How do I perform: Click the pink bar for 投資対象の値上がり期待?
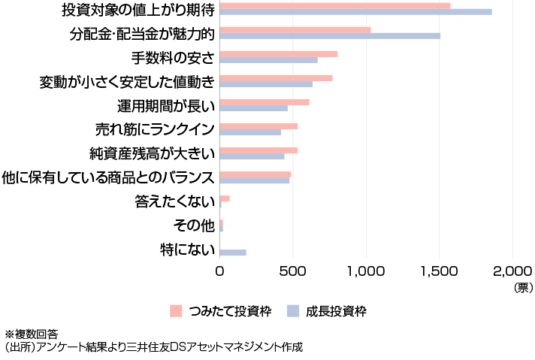(x=334, y=6)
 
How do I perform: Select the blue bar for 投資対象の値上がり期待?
(x=355, y=12)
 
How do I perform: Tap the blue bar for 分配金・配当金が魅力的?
(x=330, y=36)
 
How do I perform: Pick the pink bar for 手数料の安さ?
(x=278, y=54)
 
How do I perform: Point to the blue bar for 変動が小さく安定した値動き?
(x=266, y=84)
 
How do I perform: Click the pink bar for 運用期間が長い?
(x=264, y=102)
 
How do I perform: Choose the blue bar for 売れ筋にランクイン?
(x=250, y=132)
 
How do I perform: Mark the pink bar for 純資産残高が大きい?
(x=258, y=150)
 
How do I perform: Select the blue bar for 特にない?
(x=233, y=253)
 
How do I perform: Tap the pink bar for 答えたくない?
(x=225, y=198)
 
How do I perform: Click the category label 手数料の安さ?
(x=173, y=58)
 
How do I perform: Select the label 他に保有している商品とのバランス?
(x=110, y=178)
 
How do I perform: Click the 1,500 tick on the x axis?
(x=440, y=271)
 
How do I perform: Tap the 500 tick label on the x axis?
(x=292, y=271)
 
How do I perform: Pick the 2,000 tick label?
(x=512, y=271)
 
